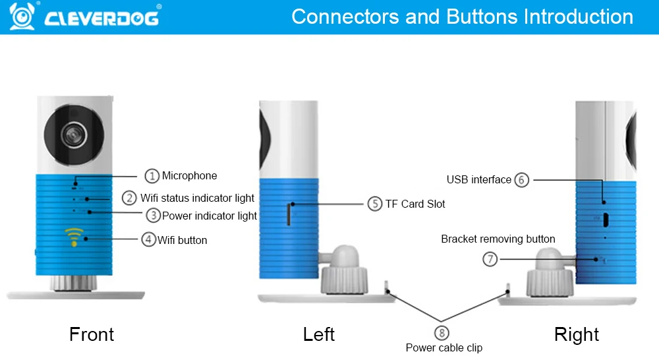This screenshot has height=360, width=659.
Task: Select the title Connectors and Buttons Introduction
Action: click(462, 16)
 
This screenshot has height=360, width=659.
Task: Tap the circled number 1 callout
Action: click(152, 175)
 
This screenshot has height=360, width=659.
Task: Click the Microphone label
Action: click(190, 175)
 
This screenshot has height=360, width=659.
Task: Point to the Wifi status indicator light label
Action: click(198, 198)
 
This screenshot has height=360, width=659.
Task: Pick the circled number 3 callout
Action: click(153, 215)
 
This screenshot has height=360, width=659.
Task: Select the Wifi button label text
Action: click(183, 240)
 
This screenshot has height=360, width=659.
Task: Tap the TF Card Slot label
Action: click(415, 204)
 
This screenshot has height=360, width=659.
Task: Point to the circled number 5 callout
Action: click(375, 204)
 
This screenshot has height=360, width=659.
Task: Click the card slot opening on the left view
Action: click(289, 214)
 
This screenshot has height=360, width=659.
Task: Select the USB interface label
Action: click(478, 179)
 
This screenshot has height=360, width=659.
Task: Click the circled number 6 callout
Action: click(522, 179)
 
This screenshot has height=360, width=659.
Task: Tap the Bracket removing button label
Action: click(498, 239)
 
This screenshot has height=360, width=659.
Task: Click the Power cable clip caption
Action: click(444, 347)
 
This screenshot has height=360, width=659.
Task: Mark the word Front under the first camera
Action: click(92, 334)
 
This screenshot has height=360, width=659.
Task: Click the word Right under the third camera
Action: click(577, 334)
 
